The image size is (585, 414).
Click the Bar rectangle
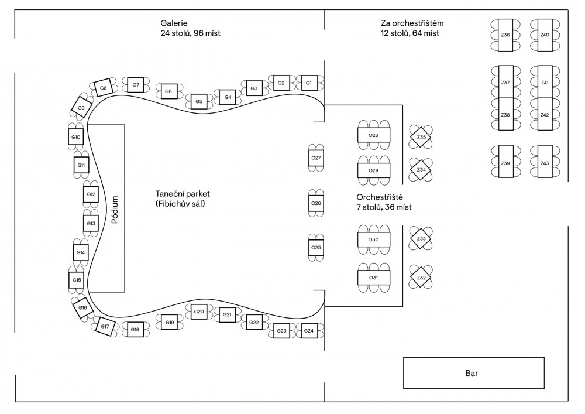coord(473,372)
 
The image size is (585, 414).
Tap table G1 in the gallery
coord(308,83)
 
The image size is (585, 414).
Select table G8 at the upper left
coord(103,88)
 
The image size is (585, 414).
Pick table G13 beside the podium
coord(91,224)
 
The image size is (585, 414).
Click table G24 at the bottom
coord(308,331)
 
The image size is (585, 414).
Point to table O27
coord(316,159)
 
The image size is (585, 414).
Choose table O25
coord(316,248)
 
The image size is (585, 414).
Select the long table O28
coord(373,135)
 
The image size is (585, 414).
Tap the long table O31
coord(373,278)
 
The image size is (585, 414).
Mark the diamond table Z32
coord(421,278)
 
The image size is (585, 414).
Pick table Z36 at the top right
coord(505,35)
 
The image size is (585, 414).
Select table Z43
coord(545,163)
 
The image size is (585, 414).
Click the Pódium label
coord(115,210)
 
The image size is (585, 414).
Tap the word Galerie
coord(174,23)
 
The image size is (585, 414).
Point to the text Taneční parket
coord(183,194)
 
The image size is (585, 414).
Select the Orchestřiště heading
coord(380,197)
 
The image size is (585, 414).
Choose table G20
coord(198,312)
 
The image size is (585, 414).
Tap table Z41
coord(545,83)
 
